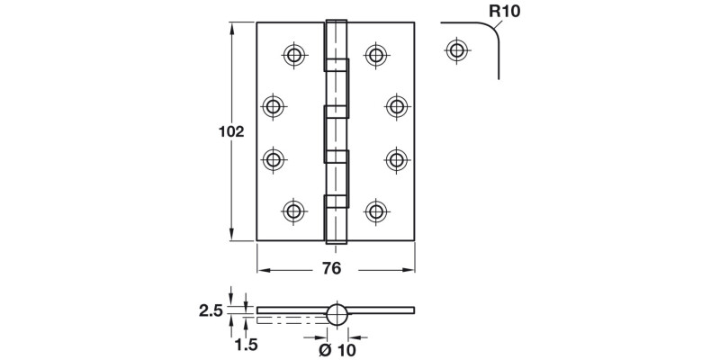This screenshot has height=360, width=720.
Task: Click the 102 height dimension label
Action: click(231, 131)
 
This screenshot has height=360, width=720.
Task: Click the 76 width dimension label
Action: click(331, 268)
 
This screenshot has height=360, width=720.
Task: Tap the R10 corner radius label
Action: click(505, 11)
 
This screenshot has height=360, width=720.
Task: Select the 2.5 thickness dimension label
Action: click(211, 310)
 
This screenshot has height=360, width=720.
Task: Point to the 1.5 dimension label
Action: click(247, 345)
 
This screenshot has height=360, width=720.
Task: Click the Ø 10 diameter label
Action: click(337, 350)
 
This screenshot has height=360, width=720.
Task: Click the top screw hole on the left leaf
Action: click(294, 55)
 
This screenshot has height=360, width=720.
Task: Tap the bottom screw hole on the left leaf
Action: click(294, 211)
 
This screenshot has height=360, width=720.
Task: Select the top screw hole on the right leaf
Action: click(376, 55)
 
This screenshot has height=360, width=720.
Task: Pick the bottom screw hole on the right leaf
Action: click(376, 211)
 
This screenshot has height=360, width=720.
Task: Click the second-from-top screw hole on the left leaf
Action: click(274, 106)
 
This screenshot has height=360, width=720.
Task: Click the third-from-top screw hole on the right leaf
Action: click(397, 159)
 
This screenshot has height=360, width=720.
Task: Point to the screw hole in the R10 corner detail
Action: click(456, 49)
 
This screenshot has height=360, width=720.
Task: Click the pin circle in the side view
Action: click(338, 315)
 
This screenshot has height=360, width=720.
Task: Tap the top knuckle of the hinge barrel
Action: click(336, 40)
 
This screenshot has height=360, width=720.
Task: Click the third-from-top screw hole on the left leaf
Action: click(274, 159)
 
